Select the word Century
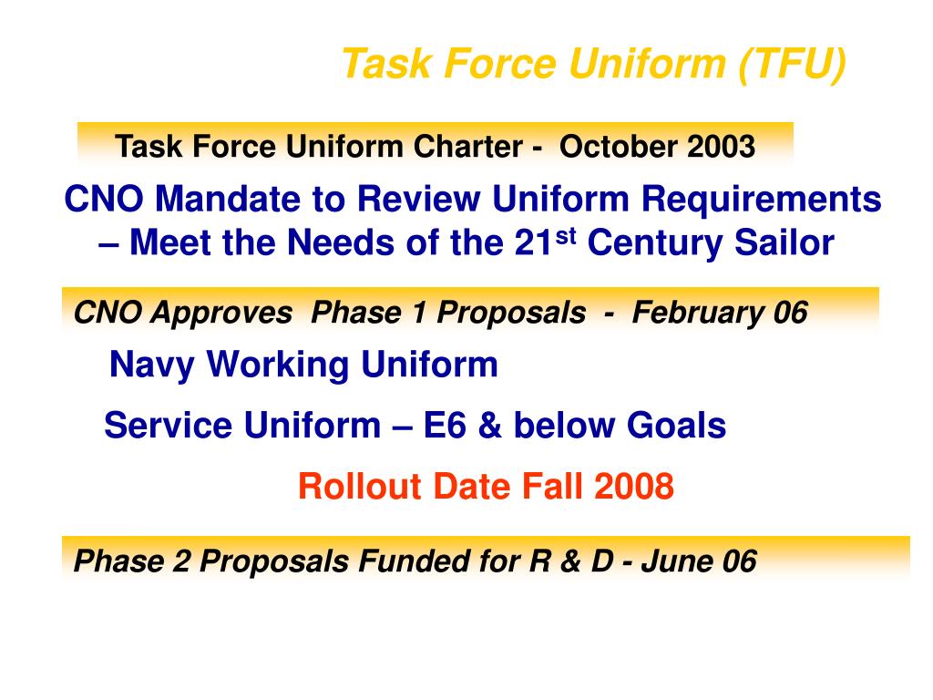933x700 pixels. (654, 243)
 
